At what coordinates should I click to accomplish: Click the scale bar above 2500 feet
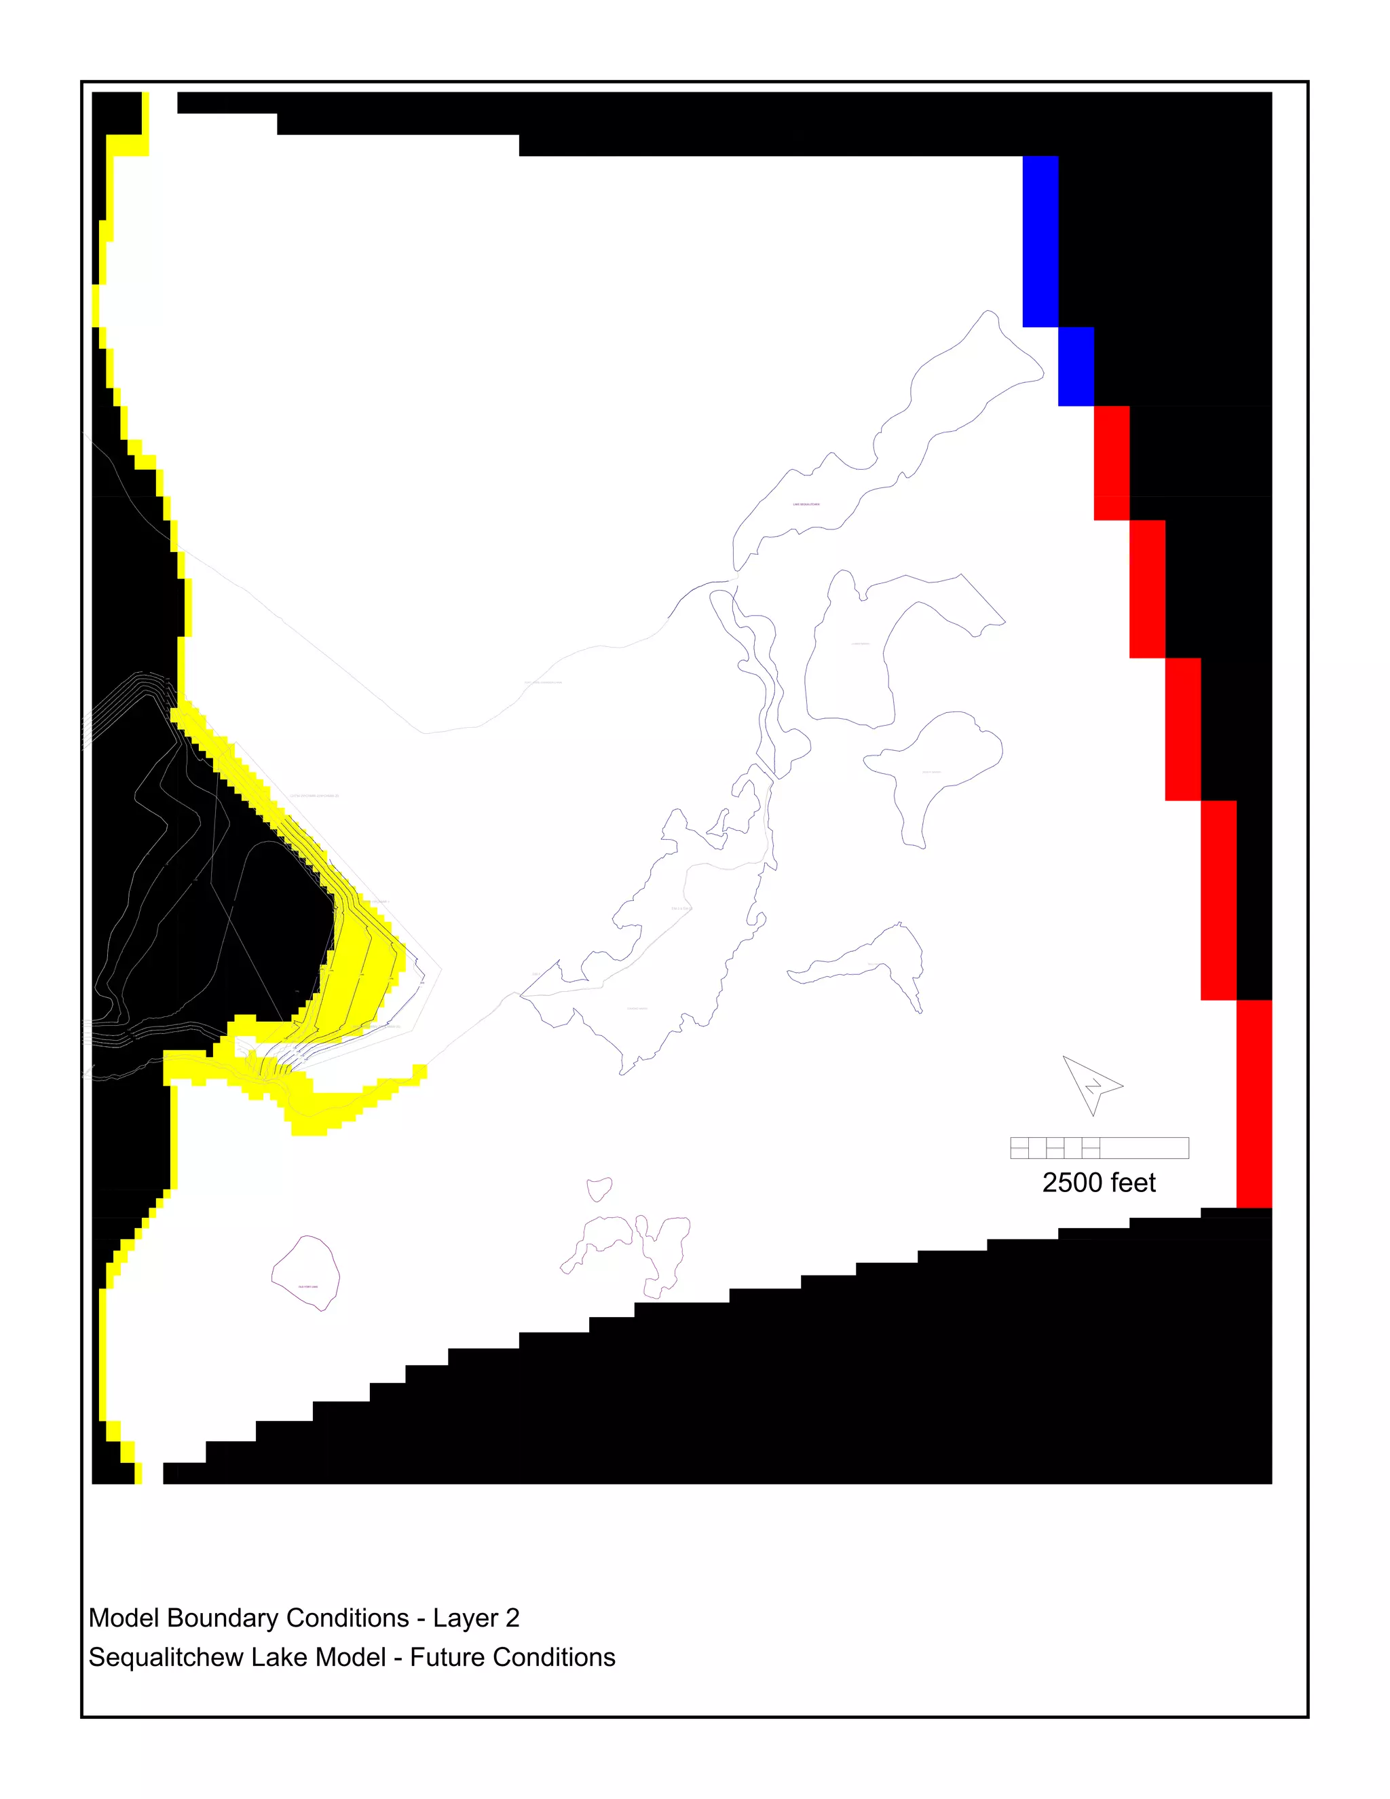pos(1100,1147)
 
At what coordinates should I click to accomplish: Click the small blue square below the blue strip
pos(1076,367)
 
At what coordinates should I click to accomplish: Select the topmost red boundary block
pos(1112,463)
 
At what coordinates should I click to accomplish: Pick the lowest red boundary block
pos(1254,1104)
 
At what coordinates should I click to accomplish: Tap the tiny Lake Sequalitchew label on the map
pos(806,504)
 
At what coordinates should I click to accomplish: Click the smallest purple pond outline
pos(599,1189)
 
